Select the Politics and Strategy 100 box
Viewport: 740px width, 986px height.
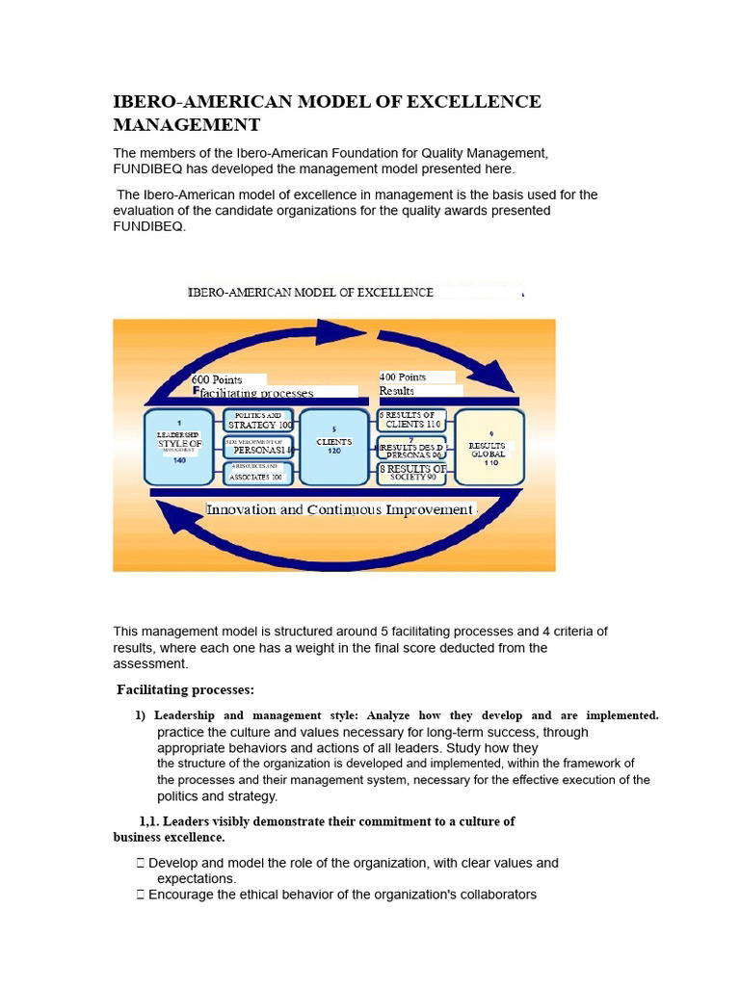click(258, 420)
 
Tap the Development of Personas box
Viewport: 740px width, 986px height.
click(258, 446)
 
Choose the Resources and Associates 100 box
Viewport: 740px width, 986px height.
click(258, 472)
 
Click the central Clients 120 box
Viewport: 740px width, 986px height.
click(333, 446)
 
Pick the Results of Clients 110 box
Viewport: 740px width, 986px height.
click(411, 420)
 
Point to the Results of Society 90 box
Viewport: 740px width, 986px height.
click(411, 472)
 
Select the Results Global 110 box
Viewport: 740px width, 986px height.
click(489, 446)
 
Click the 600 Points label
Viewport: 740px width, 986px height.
click(218, 379)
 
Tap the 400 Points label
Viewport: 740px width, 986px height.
click(403, 376)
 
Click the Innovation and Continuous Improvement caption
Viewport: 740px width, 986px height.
click(340, 509)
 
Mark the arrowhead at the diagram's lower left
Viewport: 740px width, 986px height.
click(173, 521)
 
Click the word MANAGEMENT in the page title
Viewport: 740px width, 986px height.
click(186, 124)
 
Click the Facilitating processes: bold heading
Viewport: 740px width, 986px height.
click(185, 689)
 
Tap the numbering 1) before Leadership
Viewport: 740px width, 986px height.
click(141, 715)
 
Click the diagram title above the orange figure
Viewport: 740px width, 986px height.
click(310, 292)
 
